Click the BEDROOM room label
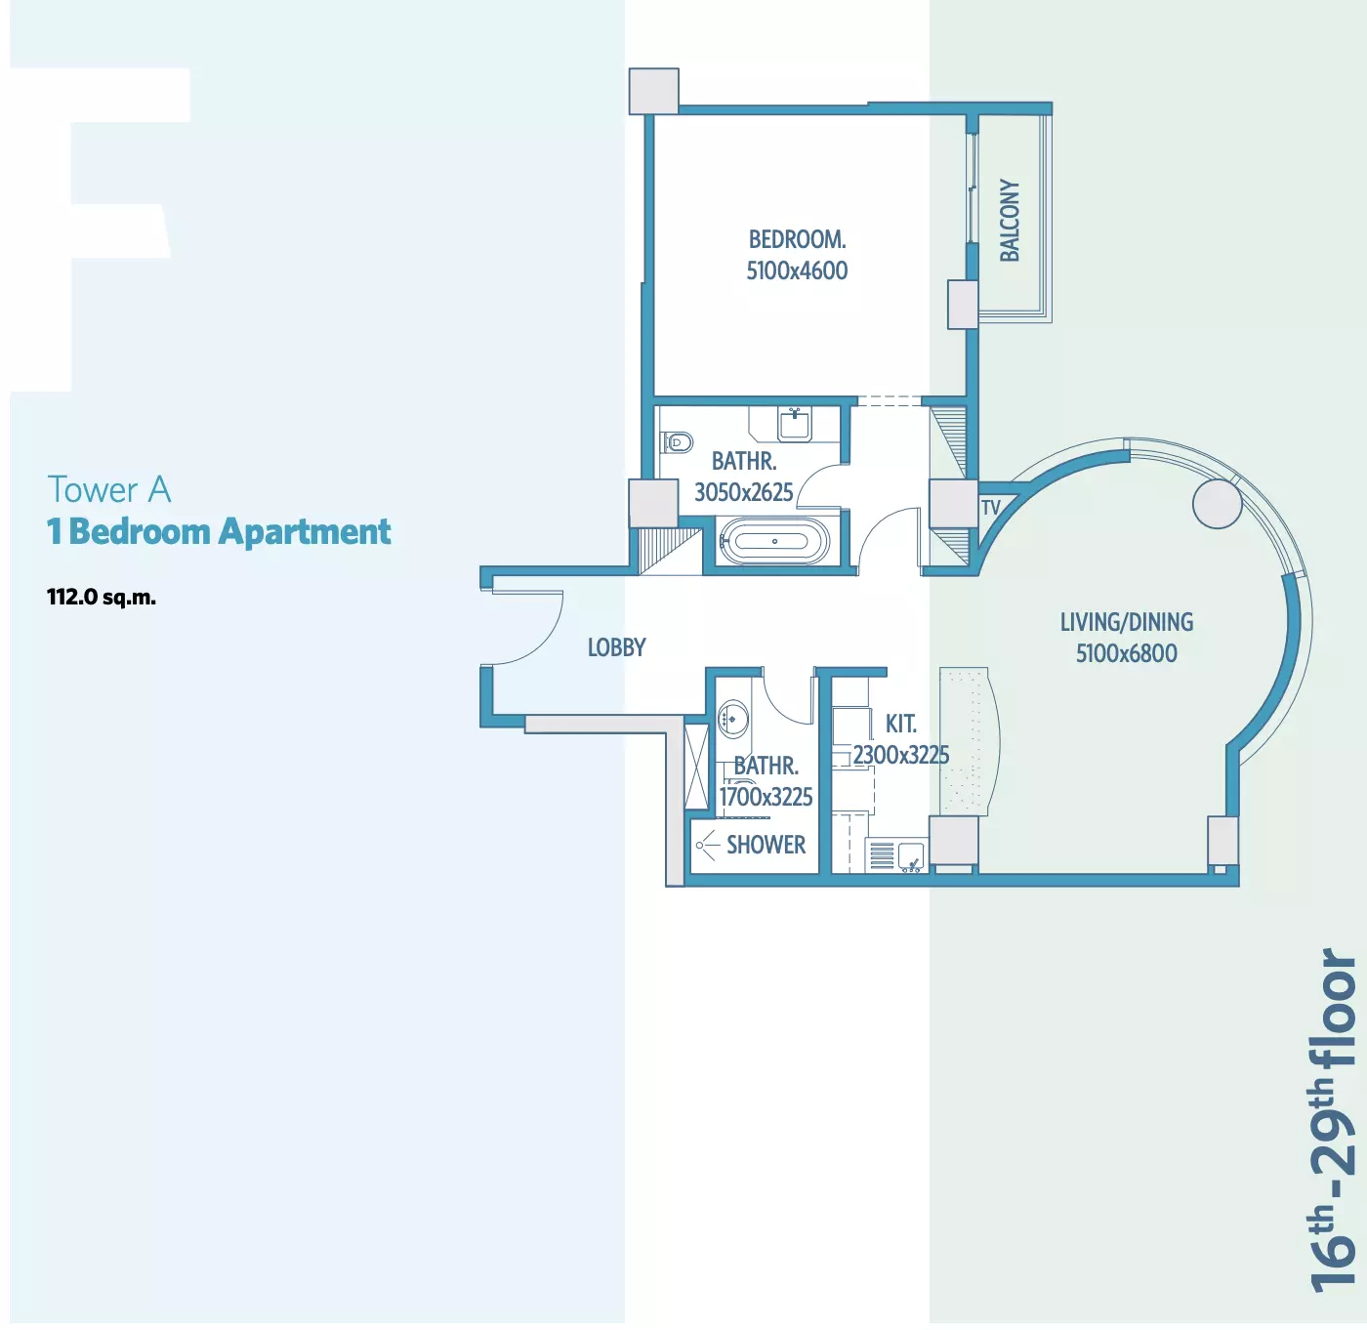pos(797,239)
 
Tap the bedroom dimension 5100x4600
pos(797,270)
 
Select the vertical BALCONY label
pos(1010,220)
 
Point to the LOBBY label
pos(617,647)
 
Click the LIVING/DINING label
pos(1127,622)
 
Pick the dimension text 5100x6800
pos(1127,653)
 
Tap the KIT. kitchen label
pos(900,724)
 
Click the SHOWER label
pos(766,845)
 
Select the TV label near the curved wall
pos(990,507)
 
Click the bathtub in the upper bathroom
pos(772,541)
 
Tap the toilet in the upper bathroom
pos(677,442)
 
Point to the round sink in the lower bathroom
pos(732,718)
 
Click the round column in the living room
pos(1218,504)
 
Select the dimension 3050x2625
pos(744,492)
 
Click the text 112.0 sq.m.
pos(102,598)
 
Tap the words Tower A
pos(109,489)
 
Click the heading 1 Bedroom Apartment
pos(219,532)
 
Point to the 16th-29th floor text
pos(1332,1120)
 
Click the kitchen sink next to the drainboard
pos(911,856)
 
